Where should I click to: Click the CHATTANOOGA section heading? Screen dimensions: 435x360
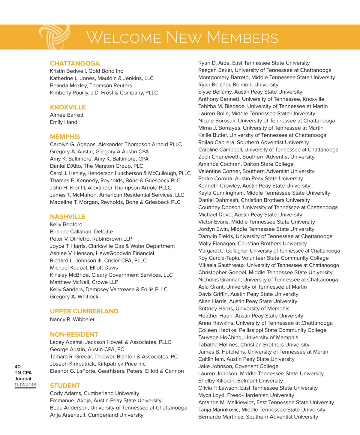click(75, 63)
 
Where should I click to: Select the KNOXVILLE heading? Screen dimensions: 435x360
click(68, 107)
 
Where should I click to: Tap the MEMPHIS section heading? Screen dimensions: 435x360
click(65, 136)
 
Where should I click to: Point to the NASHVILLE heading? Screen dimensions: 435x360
click(67, 217)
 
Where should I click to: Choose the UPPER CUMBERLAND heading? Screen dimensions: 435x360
click(84, 311)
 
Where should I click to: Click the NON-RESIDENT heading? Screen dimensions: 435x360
click(74, 334)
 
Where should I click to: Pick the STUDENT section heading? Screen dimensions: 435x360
click(65, 385)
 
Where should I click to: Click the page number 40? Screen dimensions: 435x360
click(18, 367)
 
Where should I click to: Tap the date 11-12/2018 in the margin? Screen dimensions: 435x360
click(25, 385)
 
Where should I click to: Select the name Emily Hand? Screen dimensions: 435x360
click(64, 122)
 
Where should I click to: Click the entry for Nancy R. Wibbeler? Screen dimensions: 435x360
click(72, 319)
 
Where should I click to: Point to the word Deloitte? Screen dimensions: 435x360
click(103, 232)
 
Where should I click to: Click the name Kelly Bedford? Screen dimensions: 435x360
click(66, 224)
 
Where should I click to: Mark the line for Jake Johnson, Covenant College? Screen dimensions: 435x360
click(238, 366)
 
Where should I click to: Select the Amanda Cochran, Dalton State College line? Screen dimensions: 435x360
click(246, 164)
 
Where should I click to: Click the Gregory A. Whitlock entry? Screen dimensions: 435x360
click(74, 296)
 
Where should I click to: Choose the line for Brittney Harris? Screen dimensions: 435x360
click(244, 308)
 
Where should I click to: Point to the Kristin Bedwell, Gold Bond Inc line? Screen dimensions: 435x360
click(86, 71)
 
